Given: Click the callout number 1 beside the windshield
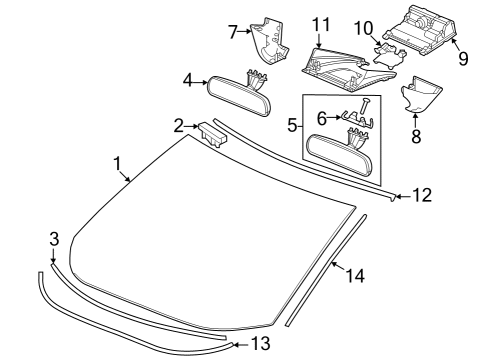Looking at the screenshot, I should (x=117, y=161).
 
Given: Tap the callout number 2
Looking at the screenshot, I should (x=178, y=125).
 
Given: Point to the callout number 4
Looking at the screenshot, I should (x=187, y=80).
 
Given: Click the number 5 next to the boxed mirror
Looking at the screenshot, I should (x=291, y=127).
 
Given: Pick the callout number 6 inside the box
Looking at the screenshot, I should (x=321, y=117).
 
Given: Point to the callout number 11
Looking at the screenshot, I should (x=321, y=22).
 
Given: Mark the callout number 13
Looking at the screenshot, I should (x=260, y=343).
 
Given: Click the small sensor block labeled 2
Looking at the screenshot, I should (x=214, y=133).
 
